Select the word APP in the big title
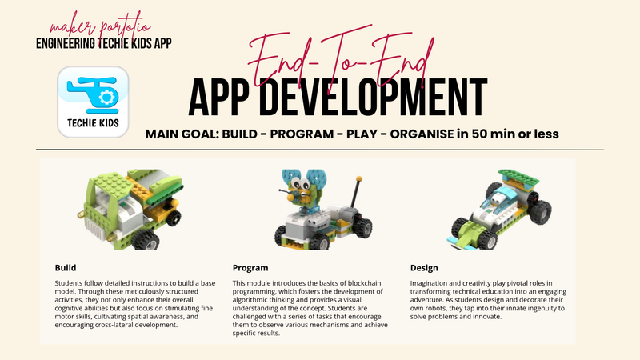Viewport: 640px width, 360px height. [226, 98]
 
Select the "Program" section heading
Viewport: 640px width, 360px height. [250, 267]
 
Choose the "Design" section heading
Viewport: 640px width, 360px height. [425, 267]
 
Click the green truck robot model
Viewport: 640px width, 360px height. [132, 209]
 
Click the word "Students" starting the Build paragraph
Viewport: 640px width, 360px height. [70, 284]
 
